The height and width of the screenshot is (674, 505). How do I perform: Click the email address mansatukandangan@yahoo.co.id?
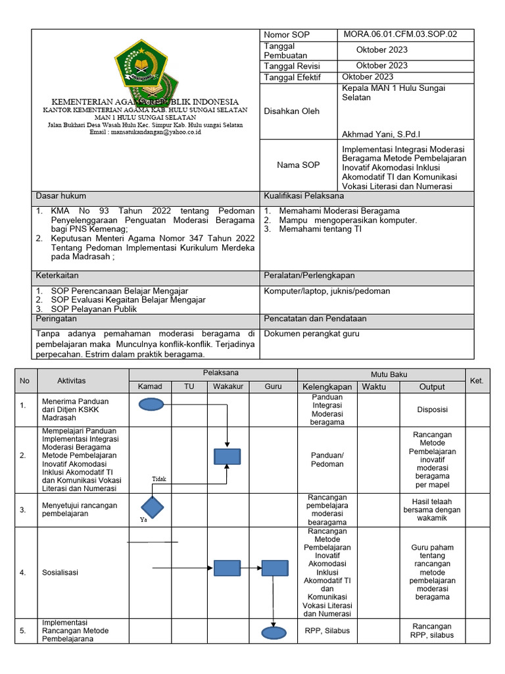145,132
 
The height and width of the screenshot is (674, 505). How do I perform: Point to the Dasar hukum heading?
60,196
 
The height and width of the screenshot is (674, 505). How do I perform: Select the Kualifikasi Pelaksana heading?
303,196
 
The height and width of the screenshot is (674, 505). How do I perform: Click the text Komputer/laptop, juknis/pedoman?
327,291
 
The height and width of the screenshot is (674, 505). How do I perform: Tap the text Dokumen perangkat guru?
312,334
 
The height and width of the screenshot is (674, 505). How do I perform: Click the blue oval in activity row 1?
151,405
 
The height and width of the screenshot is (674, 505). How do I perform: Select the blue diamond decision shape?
151,507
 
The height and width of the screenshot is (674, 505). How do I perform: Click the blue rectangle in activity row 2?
227,456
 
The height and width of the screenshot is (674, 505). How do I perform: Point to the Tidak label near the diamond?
159,479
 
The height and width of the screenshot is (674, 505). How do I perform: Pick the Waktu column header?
374,386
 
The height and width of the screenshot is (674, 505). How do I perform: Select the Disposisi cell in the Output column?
432,409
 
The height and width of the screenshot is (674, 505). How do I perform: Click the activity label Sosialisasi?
60,572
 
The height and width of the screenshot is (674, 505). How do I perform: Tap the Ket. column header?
477,380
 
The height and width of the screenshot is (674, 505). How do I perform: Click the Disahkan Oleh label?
291,111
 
